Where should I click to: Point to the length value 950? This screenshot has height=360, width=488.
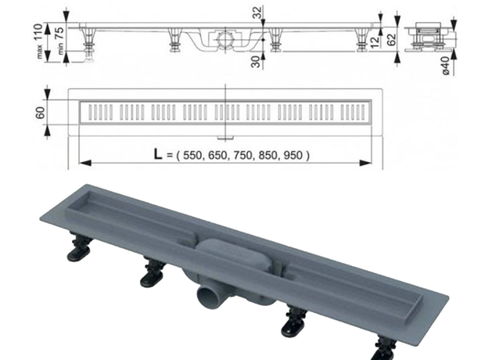292,156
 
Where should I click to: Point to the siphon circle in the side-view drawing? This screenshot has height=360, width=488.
224,37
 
